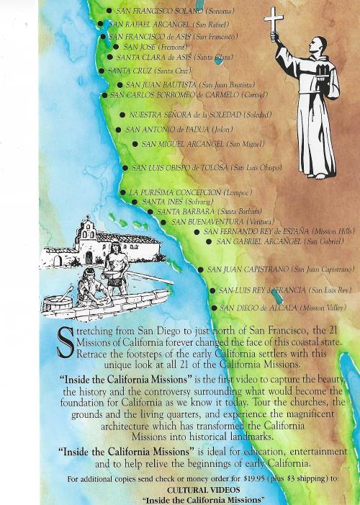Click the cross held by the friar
coord(274,19)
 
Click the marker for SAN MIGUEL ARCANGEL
coord(135,144)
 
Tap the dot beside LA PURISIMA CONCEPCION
coord(122,193)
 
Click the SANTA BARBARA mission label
coord(186,212)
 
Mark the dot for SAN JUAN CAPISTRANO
coord(201,269)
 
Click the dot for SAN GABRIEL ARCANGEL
coord(209,241)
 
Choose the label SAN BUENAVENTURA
coord(210,222)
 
